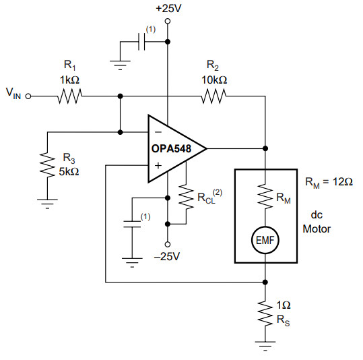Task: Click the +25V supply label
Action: (x=168, y=9)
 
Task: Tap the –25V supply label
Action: (x=167, y=256)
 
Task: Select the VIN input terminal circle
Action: (x=28, y=96)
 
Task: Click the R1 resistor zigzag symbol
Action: (x=69, y=96)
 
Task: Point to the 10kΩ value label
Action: (x=214, y=80)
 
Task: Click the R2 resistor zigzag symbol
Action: (x=214, y=96)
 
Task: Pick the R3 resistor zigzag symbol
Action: (x=47, y=165)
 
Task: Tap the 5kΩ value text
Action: (x=69, y=172)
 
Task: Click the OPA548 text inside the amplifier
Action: (x=171, y=148)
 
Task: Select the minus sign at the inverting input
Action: (x=158, y=132)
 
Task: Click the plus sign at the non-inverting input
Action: (x=158, y=166)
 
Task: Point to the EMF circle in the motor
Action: (x=265, y=240)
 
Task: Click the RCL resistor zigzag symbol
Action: (x=186, y=197)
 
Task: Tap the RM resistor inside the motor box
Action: (x=265, y=196)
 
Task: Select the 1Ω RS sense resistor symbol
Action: (x=265, y=313)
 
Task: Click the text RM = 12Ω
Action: (x=329, y=182)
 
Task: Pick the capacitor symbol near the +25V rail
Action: (x=141, y=42)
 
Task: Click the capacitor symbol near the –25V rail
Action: (x=132, y=224)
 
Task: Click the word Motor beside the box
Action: (x=317, y=229)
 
